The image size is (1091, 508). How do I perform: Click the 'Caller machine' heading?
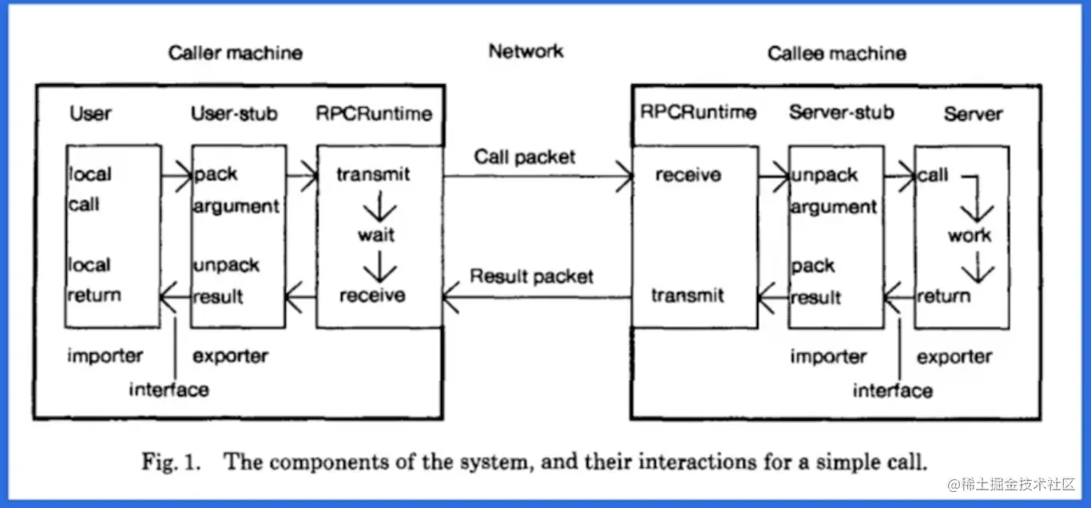[x=235, y=54]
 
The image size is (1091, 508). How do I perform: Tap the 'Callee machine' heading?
[x=836, y=54]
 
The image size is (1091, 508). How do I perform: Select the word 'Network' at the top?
[x=526, y=51]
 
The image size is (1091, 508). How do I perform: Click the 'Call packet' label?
[x=524, y=157]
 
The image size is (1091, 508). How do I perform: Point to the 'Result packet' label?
[x=531, y=277]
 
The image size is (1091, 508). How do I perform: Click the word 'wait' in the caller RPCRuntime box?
[x=375, y=236]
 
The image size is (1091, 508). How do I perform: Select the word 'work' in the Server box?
[x=970, y=236]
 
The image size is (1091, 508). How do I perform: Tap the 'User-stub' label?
[x=234, y=113]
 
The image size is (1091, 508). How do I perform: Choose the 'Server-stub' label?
[x=841, y=113]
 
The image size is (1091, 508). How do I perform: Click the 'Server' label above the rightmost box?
[x=973, y=114]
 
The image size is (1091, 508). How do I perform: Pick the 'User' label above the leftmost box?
[x=90, y=113]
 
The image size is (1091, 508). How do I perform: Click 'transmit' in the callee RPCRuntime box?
[x=687, y=296]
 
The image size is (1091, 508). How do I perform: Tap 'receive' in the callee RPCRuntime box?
[x=688, y=175]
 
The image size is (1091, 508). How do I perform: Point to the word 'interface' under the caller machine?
[x=169, y=389]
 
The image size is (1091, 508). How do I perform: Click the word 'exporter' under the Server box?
[x=954, y=357]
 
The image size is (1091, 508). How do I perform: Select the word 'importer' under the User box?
[x=105, y=356]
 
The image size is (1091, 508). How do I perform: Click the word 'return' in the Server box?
[x=943, y=296]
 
